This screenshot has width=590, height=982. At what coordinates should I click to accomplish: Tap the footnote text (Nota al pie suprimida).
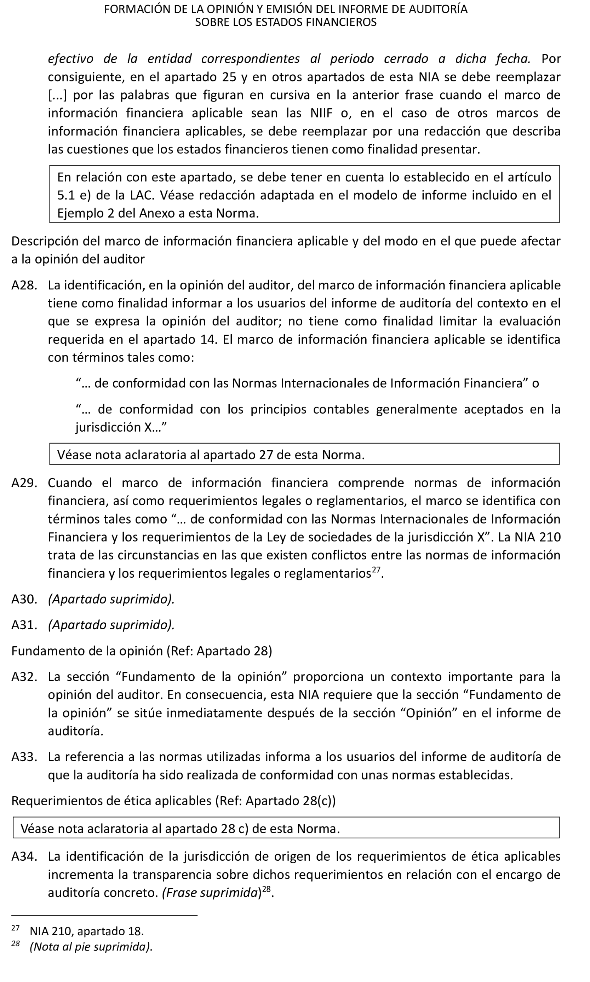click(x=91, y=947)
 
